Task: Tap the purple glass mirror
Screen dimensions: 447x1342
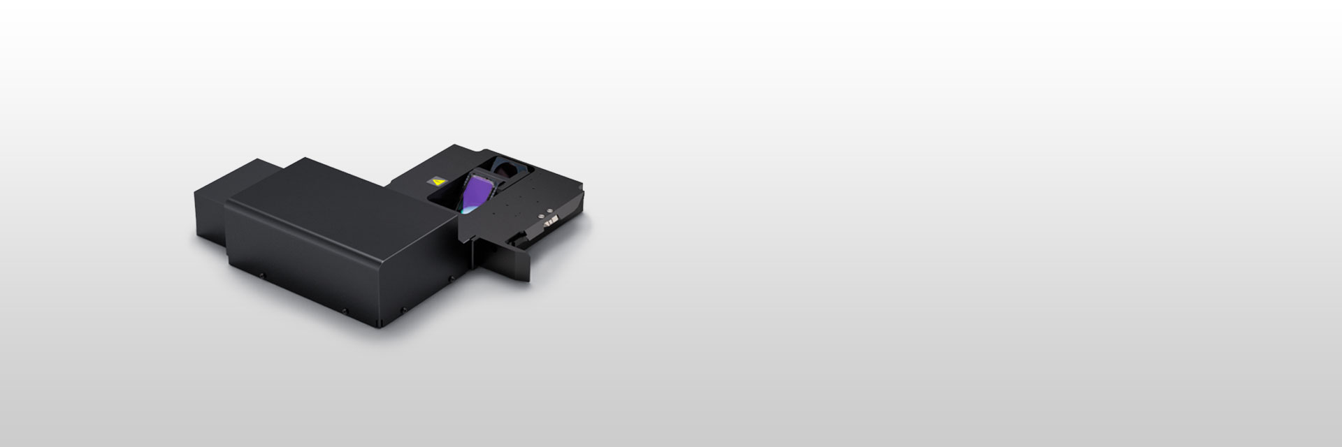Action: (478, 193)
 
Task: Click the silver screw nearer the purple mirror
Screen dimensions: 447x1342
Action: (541, 217)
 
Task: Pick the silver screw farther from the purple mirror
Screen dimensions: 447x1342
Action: (550, 211)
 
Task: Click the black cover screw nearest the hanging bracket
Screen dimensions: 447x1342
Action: (452, 279)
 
